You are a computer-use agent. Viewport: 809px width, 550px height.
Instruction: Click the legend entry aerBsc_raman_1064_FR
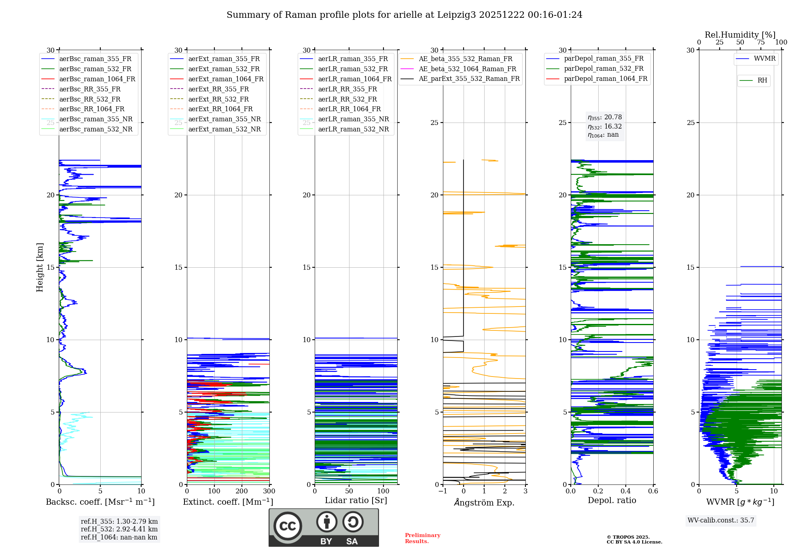[97, 79]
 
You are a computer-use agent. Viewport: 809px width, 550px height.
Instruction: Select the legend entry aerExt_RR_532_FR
[218, 99]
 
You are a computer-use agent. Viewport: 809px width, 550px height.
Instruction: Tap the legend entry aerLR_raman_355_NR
[353, 119]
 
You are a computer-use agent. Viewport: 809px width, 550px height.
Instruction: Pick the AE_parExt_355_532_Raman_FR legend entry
[469, 79]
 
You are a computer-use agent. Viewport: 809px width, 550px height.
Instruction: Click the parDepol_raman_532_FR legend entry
[604, 69]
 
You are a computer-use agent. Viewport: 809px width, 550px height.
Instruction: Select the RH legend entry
[762, 80]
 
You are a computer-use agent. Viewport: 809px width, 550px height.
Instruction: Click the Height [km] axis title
[40, 267]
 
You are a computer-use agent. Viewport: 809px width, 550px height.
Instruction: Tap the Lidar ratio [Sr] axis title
[356, 500]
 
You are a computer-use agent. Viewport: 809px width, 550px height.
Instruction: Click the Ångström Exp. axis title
[484, 502]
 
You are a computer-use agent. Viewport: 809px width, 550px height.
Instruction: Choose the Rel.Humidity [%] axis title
[740, 35]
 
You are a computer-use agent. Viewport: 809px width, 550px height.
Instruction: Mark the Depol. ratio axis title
[612, 500]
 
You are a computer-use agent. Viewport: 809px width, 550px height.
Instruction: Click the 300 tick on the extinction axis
[269, 491]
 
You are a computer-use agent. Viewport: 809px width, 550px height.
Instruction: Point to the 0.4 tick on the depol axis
[625, 491]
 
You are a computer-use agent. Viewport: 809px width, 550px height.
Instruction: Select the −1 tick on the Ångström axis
[443, 491]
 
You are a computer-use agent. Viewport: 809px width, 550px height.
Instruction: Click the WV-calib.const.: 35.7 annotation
[721, 520]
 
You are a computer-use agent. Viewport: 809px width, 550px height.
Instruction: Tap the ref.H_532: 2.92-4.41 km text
[119, 529]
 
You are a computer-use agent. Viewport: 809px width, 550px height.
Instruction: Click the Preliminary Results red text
[422, 538]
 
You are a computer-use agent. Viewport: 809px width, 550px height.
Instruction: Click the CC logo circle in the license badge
[288, 526]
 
